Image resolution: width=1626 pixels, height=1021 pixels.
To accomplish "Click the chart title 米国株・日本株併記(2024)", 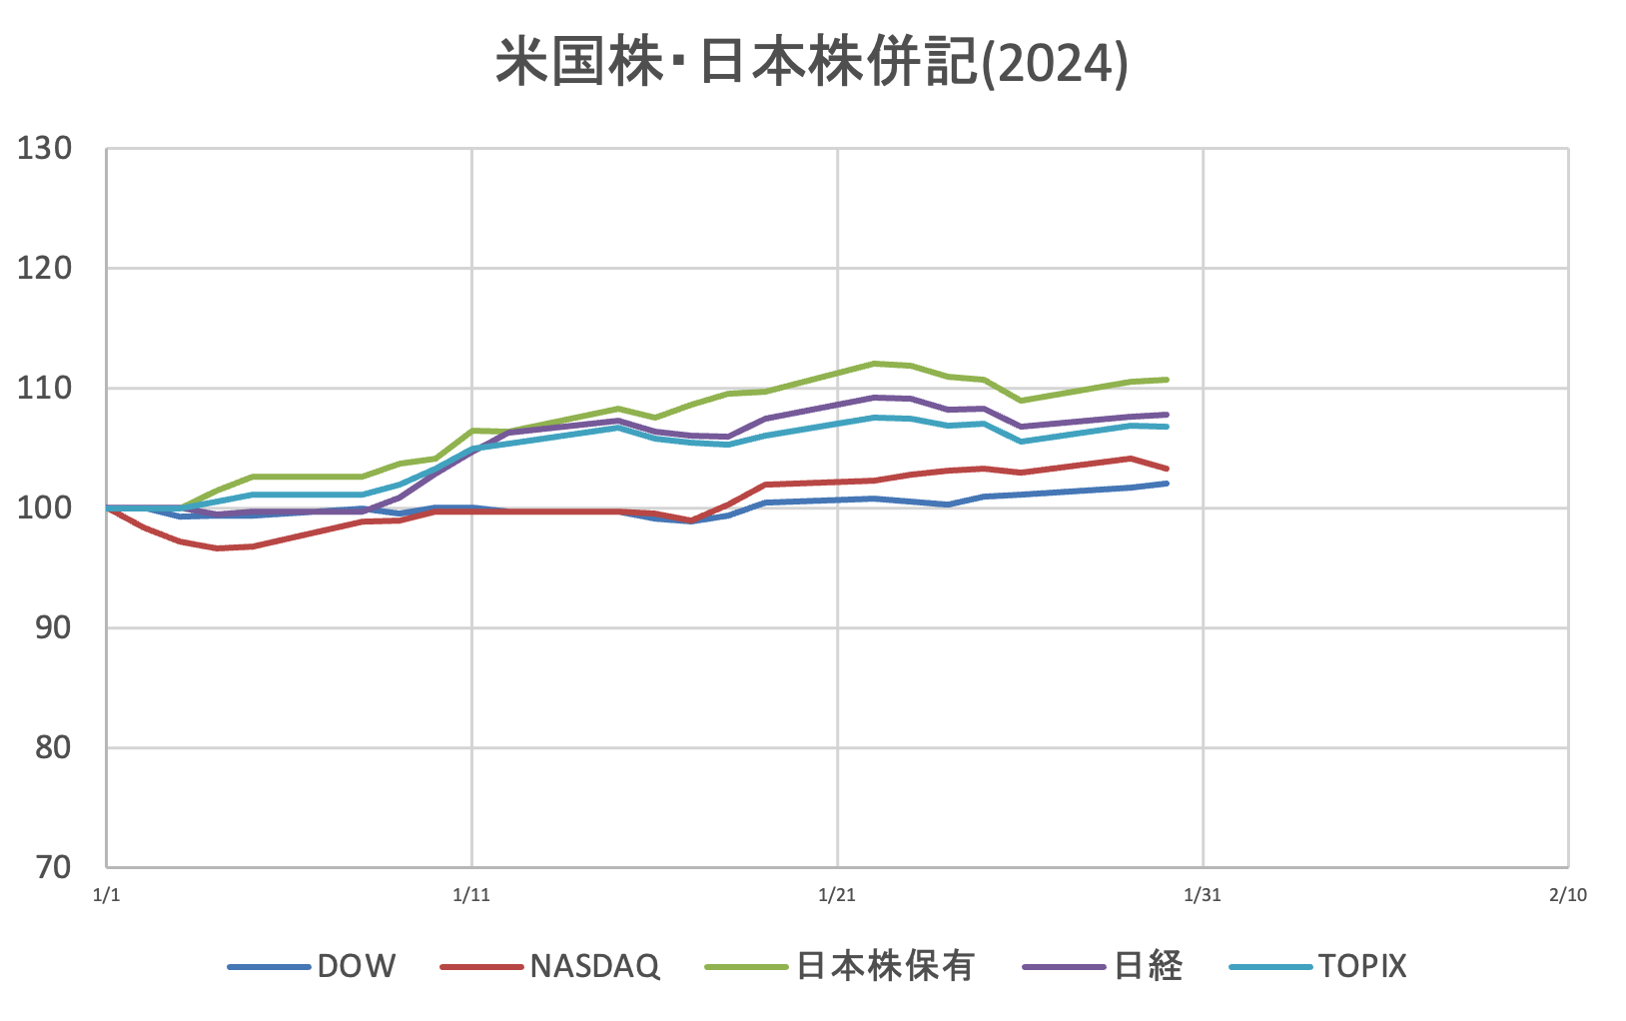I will tap(811, 64).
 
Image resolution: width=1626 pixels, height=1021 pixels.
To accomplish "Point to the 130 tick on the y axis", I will tap(45, 149).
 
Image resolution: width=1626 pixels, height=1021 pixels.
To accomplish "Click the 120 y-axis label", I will tap(45, 269).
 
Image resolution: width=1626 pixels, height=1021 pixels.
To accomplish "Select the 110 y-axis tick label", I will tap(45, 389).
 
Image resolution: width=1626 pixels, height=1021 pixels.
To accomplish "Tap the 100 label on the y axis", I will tap(45, 509).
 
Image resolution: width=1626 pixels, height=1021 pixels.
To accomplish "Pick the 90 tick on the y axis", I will tap(52, 628).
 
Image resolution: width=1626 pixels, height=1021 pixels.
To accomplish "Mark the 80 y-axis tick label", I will tap(52, 748).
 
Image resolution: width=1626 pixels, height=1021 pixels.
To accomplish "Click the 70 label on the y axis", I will tap(52, 867).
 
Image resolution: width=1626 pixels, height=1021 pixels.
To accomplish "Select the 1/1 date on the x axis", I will tap(106, 895).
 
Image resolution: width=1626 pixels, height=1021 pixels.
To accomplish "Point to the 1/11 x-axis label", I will tap(471, 895).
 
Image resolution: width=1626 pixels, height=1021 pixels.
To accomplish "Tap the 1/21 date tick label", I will tap(837, 895).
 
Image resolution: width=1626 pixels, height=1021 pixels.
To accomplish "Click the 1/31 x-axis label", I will tap(1203, 895).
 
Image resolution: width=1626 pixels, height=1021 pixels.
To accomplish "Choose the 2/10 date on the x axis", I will tap(1568, 895).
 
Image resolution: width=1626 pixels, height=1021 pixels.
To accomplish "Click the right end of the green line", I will tap(1167, 380).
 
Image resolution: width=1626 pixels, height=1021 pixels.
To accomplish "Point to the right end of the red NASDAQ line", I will tap(1167, 469).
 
